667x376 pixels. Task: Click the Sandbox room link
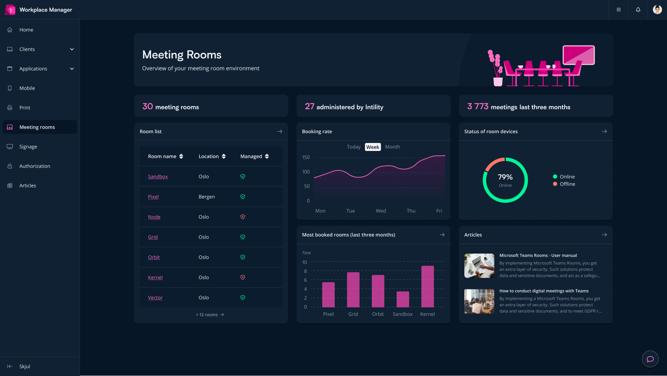coord(158,177)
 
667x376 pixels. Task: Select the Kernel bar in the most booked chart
coord(428,287)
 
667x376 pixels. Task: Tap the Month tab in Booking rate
coord(392,147)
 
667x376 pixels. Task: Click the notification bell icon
coord(638,10)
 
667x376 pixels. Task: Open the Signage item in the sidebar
coord(28,147)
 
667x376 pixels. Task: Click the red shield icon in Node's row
coord(243,217)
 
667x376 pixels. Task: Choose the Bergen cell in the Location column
coord(206,197)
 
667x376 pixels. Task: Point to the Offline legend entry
coord(567,184)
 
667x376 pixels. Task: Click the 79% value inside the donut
coord(505,177)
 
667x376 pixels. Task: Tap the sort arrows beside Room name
coord(181,157)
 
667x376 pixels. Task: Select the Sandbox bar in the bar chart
coord(403,299)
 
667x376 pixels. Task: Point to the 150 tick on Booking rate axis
coord(306,158)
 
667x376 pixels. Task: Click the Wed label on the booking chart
coord(381,211)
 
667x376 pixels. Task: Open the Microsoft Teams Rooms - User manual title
coord(538,256)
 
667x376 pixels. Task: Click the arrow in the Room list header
coord(280,131)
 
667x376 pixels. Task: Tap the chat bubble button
coord(650,359)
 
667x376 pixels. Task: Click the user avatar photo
coord(657,10)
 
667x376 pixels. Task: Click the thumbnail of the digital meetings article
coord(479,301)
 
